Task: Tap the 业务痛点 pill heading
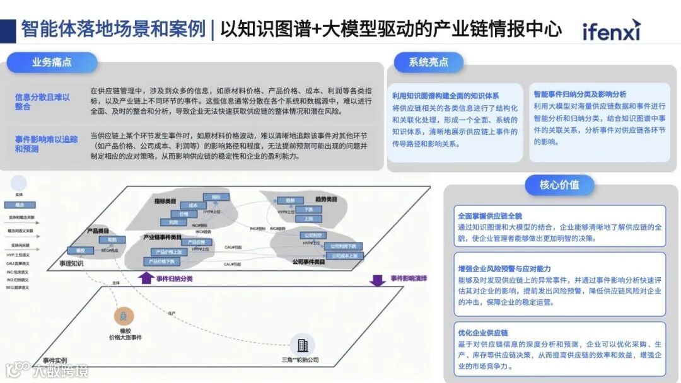click(x=52, y=62)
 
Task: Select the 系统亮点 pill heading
click(x=428, y=62)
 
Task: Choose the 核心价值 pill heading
click(x=559, y=185)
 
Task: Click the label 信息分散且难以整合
click(x=42, y=101)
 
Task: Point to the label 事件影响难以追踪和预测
click(x=42, y=144)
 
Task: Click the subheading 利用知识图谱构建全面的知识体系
click(x=445, y=96)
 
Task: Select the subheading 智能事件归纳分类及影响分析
click(x=580, y=94)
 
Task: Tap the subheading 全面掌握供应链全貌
click(x=490, y=216)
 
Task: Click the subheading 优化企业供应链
click(x=483, y=333)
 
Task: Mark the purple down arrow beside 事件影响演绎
click(x=378, y=279)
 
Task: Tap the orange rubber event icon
click(x=124, y=317)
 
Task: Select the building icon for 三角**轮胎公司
click(x=304, y=345)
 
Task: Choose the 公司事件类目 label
click(x=309, y=261)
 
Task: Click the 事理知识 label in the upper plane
click(x=71, y=263)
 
